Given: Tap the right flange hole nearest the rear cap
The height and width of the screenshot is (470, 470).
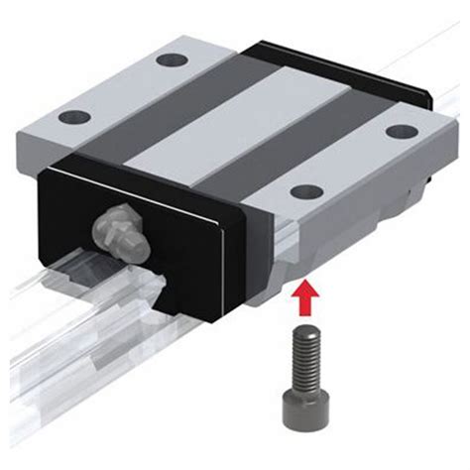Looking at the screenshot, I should pos(400,132).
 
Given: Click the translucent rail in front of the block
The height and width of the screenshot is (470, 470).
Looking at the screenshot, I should pos(59,327).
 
